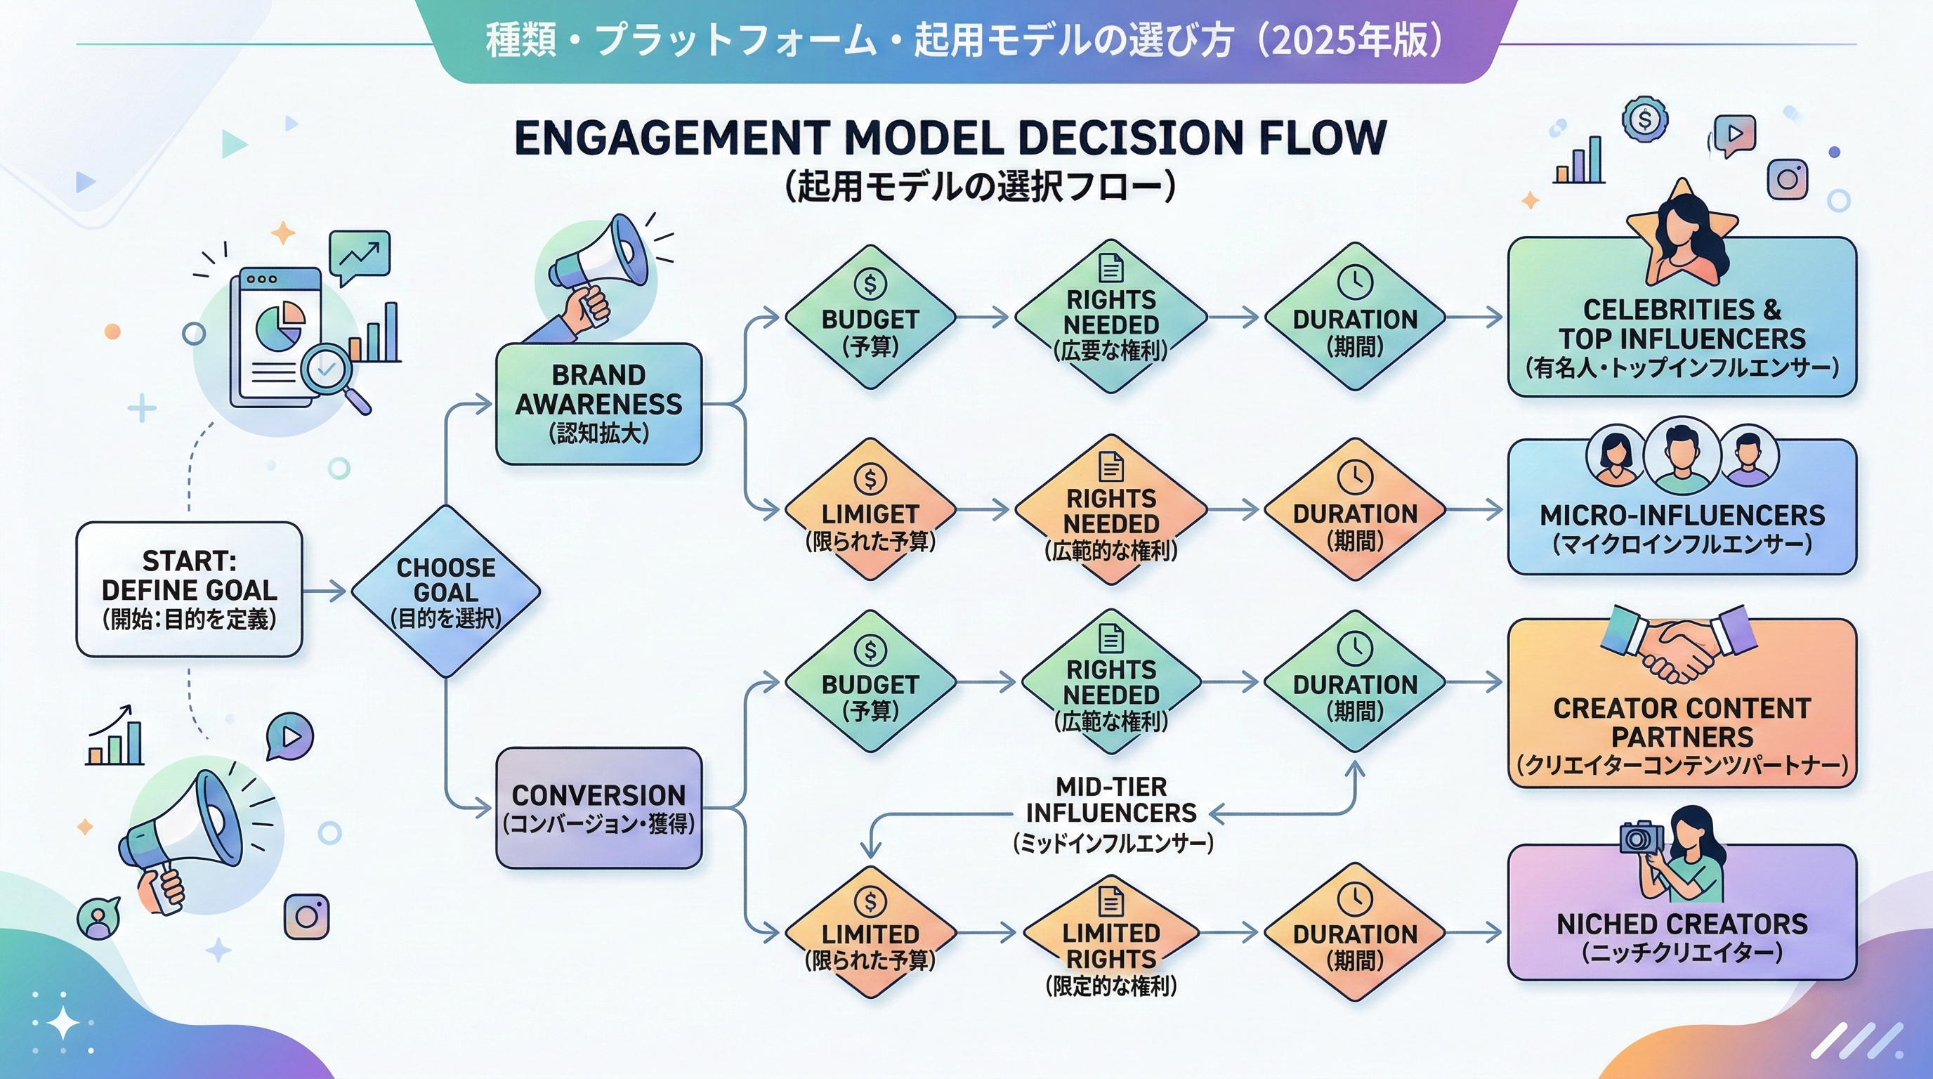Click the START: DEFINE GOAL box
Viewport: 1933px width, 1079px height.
(189, 590)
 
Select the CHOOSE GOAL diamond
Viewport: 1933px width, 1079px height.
(446, 591)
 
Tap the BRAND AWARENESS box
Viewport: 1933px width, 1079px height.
(599, 404)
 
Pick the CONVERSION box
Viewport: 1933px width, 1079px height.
(599, 807)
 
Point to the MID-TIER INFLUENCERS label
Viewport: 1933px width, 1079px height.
(1111, 813)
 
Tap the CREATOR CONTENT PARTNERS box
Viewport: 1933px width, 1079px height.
(1682, 720)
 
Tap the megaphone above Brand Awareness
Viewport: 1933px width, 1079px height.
(601, 263)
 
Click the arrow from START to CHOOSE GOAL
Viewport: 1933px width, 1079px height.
(325, 591)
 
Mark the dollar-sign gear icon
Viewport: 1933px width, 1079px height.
(1644, 119)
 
